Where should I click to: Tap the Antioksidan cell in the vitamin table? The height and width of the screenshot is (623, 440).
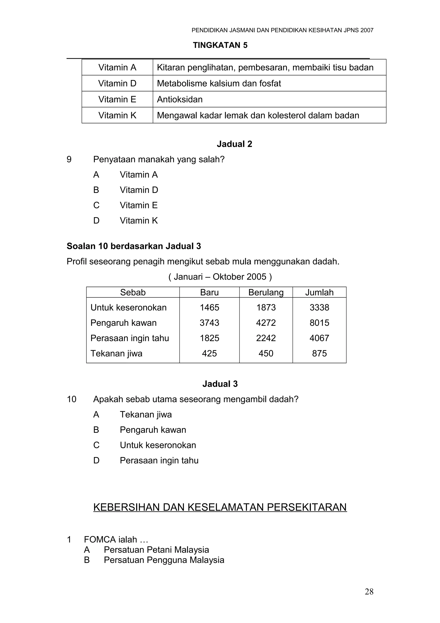tap(180, 99)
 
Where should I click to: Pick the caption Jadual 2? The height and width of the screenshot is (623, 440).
tap(234, 144)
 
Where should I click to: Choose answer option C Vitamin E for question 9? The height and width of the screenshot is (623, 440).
tap(139, 205)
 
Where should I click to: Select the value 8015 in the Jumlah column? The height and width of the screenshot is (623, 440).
tap(319, 323)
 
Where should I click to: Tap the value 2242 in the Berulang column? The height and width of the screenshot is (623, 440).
tap(266, 338)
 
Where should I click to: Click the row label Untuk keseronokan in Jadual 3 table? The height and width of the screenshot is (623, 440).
tap(128, 307)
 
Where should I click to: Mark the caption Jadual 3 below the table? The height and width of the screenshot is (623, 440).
tap(220, 384)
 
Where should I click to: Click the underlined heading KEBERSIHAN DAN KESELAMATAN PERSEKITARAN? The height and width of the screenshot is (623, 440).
tap(220, 507)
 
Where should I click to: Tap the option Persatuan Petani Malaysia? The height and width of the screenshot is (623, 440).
tap(156, 550)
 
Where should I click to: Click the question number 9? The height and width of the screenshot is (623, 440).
tap(69, 159)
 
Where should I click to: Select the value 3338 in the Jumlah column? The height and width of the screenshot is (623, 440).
tap(319, 307)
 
